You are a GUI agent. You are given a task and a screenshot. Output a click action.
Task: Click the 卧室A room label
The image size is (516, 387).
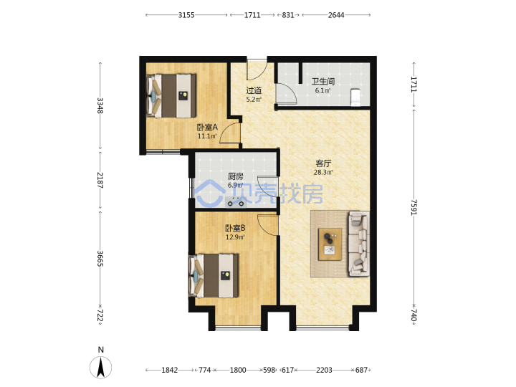tap(207, 127)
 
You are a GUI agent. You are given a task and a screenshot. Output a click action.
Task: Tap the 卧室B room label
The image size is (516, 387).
tap(235, 228)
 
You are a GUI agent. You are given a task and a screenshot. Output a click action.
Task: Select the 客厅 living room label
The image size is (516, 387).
tap(323, 163)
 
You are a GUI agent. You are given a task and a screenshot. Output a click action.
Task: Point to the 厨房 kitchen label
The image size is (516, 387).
tap(236, 176)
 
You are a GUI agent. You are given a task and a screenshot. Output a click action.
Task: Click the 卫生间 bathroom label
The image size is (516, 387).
tap(323, 82)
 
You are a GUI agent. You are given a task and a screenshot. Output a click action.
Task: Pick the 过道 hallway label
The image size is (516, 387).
tap(254, 90)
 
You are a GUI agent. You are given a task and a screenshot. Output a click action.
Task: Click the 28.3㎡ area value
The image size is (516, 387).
tap(323, 172)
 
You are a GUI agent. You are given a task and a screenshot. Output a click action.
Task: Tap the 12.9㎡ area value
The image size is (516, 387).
tap(235, 237)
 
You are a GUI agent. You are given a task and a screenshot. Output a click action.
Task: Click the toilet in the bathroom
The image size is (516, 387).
tap(355, 97)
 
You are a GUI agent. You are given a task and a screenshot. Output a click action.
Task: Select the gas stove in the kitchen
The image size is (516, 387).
tap(236, 204)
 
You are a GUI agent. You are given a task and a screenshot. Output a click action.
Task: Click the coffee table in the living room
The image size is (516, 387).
tap(330, 244)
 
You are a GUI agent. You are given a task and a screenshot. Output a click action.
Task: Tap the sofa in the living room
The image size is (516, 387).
tap(358, 243)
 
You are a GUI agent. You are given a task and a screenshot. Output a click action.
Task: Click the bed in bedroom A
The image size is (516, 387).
tap(171, 95)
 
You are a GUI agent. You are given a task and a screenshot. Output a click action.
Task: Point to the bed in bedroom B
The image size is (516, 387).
tap(214, 276)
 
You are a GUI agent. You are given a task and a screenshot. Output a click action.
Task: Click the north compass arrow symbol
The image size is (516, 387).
tap(101, 367)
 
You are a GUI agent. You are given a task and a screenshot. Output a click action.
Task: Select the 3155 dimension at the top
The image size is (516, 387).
tap(186, 15)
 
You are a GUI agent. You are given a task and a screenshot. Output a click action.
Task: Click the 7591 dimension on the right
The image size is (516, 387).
tap(414, 207)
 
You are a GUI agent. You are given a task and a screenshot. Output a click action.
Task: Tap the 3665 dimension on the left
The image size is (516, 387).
tap(100, 259)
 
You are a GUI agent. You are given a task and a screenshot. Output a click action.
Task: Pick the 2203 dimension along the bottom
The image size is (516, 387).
tap(324, 371)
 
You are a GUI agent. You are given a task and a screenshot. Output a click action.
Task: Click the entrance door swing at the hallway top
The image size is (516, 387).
tap(257, 70)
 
